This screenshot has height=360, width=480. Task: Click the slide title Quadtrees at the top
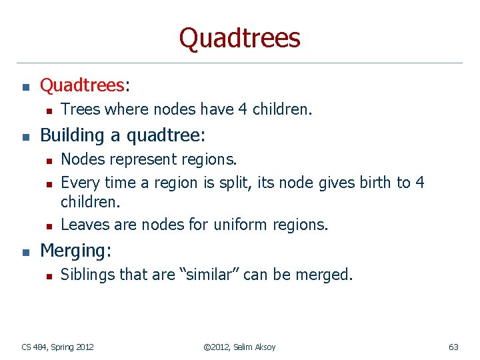240,38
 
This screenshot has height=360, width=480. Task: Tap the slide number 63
453,347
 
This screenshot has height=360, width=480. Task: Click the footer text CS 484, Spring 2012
58,347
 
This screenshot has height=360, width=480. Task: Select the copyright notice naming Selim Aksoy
239,347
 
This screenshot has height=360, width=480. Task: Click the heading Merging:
77,251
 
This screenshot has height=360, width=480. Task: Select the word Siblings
88,274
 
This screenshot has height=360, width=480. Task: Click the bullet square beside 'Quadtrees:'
25,87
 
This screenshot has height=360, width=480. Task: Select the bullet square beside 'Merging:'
25,252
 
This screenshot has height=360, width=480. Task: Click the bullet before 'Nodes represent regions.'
47,161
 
